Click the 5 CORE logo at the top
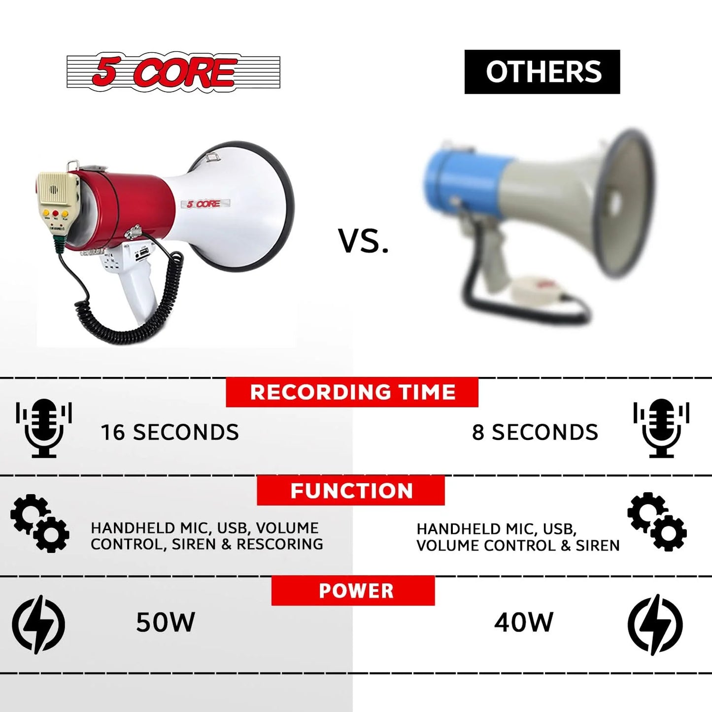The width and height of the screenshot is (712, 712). tap(173, 72)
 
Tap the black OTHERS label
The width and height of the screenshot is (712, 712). tap(542, 72)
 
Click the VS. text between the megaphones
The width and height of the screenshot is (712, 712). tap(363, 241)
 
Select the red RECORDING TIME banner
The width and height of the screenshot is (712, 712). tap(352, 392)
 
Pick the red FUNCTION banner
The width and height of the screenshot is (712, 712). tap(350, 491)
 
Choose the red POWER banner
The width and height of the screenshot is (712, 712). tap(353, 591)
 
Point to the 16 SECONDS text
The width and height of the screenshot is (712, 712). tap(170, 432)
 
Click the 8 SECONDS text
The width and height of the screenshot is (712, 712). tap(535, 432)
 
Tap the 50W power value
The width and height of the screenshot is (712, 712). tap(166, 622)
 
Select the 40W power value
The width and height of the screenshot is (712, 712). tap(524, 622)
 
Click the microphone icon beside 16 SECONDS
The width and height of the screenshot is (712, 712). tap(44, 428)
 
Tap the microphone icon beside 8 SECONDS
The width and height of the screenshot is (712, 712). tap(661, 428)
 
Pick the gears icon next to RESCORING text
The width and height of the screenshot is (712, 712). tap(40, 523)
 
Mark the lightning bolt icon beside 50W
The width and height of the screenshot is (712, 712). tap(38, 624)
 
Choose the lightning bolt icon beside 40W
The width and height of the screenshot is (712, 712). tap(655, 624)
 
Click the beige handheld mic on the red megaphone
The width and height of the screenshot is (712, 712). tap(56, 202)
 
